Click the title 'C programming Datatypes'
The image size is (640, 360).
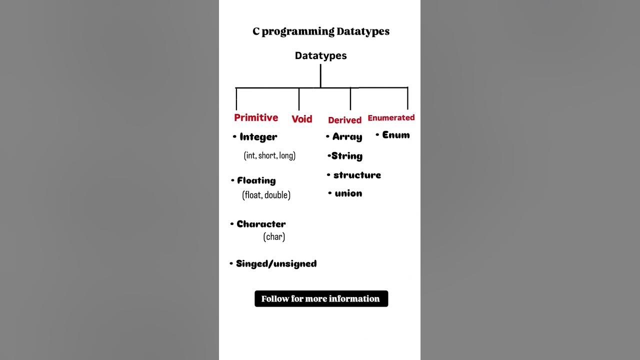(321, 31)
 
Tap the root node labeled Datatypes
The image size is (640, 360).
(320, 55)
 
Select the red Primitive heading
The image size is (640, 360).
(256, 117)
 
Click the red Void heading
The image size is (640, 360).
(302, 119)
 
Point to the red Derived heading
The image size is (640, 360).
(344, 120)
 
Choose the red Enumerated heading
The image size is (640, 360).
(391, 118)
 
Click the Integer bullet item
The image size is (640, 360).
(258, 137)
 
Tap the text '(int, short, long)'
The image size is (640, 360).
(269, 155)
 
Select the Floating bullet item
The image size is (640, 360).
(256, 180)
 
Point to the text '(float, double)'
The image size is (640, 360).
(266, 195)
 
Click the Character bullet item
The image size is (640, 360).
(261, 224)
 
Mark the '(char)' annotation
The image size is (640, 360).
(274, 236)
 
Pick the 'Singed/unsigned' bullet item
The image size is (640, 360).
(276, 263)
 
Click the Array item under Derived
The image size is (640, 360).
(347, 137)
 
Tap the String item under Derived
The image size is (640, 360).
(346, 156)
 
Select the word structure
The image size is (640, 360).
(357, 175)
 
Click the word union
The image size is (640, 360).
(348, 193)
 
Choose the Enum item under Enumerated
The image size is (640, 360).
(395, 135)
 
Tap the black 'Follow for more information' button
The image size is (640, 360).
(321, 298)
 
